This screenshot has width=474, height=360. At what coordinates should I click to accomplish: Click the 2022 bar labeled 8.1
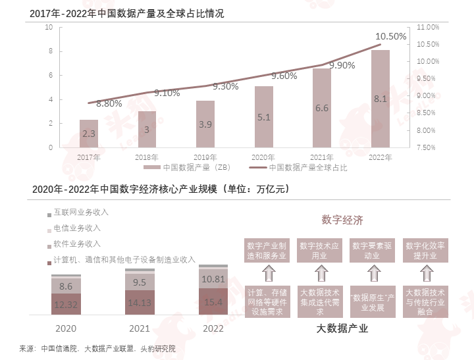380,99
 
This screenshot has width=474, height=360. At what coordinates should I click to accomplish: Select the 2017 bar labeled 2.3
89,134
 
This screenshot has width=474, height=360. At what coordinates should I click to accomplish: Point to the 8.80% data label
109,103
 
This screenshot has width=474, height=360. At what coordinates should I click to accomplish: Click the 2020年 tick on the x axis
263,157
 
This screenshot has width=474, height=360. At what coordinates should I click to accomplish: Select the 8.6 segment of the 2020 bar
66,286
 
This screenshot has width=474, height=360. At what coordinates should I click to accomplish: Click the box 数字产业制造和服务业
265,250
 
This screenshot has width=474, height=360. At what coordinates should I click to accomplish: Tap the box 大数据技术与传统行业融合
425,301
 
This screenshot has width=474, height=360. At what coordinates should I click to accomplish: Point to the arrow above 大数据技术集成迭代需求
321,272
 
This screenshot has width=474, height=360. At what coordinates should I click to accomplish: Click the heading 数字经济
342,220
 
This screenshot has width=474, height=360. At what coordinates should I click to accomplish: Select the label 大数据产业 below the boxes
342,328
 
